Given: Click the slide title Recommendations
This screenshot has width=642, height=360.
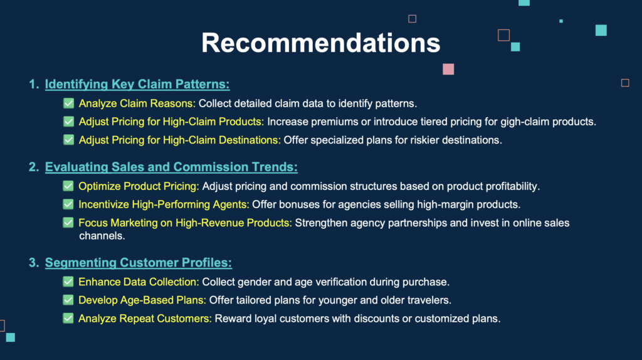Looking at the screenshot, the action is coord(320,43).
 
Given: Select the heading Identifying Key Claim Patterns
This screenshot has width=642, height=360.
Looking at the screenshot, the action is coord(137,85).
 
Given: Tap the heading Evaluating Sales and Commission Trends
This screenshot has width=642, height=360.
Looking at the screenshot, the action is coord(171,167).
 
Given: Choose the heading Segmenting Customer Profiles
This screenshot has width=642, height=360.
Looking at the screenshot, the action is coord(139,263).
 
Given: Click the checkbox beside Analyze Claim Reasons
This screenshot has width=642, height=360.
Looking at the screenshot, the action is coord(69,103).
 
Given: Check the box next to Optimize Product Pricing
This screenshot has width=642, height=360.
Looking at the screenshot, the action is coord(68,186).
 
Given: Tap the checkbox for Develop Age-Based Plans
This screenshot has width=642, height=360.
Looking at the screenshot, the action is coord(68,300).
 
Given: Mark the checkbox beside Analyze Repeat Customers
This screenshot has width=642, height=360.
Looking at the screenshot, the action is coord(68,318).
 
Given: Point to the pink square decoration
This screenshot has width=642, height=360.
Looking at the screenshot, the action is coord(448,69).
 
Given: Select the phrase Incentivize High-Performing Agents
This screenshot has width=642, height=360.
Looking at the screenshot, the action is coord(164,205).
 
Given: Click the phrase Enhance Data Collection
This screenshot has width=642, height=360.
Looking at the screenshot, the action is coord(139,282).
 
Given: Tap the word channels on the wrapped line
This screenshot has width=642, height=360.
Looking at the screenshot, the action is coord(102,236).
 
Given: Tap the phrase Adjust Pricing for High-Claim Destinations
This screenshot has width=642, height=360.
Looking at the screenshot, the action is coord(180,140).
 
